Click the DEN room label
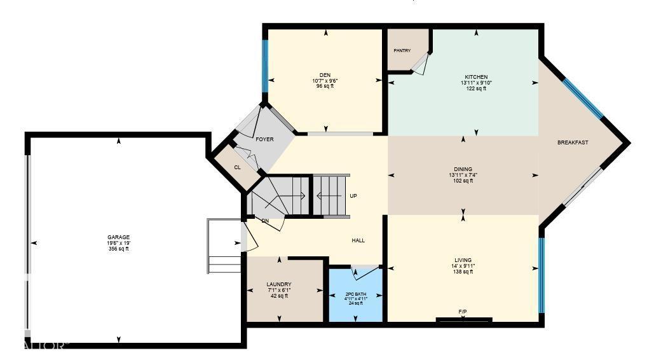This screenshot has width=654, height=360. click(325, 75)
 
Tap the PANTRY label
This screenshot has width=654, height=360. click(402, 51)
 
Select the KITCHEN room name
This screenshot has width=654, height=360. click(475, 77)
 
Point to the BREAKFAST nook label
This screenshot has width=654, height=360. click(573, 142)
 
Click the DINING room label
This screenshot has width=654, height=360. click(463, 169)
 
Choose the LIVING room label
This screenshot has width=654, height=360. click(463, 260)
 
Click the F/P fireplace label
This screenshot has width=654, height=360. click(463, 312)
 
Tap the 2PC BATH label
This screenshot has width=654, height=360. click(356, 294)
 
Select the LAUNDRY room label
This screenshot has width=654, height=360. click(279, 284)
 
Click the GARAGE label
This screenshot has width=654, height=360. click(118, 237)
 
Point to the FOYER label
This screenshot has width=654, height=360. click(264, 139)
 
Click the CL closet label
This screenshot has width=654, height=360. click(237, 167)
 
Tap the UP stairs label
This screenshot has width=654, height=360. click(353, 196)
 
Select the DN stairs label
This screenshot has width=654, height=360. click(265, 221)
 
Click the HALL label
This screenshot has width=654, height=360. click(358, 240)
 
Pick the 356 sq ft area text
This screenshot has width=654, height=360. click(118, 249)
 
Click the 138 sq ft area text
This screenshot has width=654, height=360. click(463, 272)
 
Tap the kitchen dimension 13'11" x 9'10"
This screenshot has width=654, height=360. click(475, 83)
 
